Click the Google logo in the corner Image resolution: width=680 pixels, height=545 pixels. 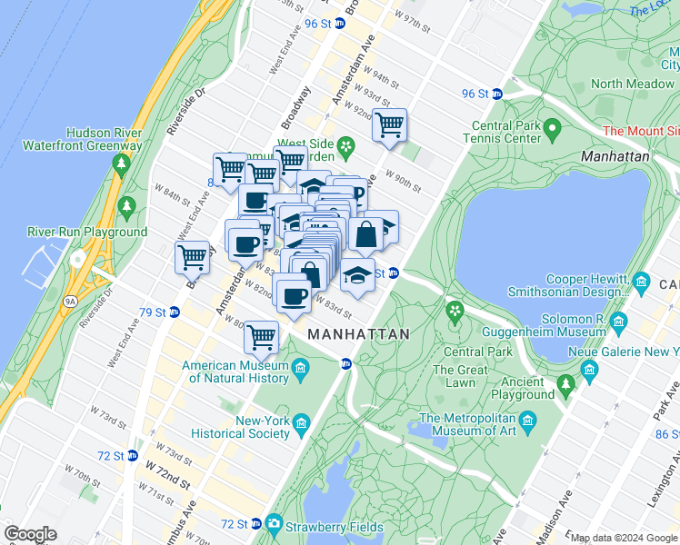[x=30, y=534]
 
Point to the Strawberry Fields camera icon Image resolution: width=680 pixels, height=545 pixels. [x=274, y=525]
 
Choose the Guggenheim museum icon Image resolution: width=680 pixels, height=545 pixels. [x=619, y=321]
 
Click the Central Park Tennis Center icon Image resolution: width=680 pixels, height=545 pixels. [x=551, y=132]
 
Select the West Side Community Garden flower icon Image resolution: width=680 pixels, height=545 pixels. [x=345, y=145]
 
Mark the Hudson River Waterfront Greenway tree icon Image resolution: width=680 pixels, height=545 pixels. [x=121, y=163]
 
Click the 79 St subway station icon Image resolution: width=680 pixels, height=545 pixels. [x=174, y=312]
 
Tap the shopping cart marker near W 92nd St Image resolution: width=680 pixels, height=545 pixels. [x=390, y=124]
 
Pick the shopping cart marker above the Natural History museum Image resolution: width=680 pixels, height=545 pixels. [x=261, y=337]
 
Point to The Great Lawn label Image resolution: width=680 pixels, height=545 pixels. [x=460, y=376]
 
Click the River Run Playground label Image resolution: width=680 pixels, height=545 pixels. [x=87, y=232]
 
